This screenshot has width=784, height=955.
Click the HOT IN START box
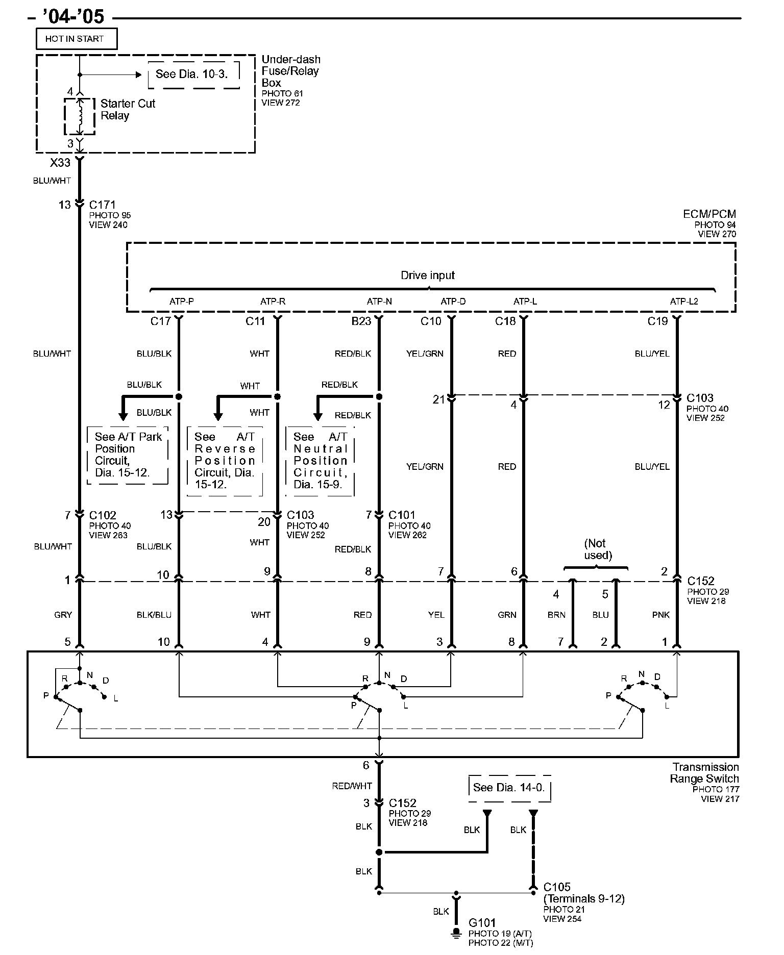(x=76, y=39)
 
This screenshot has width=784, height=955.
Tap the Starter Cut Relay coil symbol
(x=80, y=117)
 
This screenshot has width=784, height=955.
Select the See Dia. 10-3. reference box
(x=193, y=74)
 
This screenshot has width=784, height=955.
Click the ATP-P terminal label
(x=181, y=301)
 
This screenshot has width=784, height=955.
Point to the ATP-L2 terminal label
(x=683, y=301)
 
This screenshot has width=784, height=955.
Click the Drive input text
(x=427, y=275)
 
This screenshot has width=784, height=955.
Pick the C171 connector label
(x=103, y=205)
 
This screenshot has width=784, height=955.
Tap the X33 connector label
(x=60, y=163)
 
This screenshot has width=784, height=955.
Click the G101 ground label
(x=482, y=922)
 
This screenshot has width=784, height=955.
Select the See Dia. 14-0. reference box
(x=509, y=788)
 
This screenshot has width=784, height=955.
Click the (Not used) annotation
(x=598, y=549)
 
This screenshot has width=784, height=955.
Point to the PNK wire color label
(x=660, y=615)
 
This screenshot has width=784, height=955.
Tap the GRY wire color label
(x=63, y=615)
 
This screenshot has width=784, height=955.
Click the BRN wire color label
(x=556, y=615)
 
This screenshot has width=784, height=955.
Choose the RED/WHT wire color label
(x=352, y=786)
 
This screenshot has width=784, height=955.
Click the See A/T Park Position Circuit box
(x=128, y=455)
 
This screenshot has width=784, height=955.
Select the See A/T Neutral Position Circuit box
(x=320, y=461)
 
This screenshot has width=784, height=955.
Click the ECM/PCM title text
(x=709, y=214)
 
